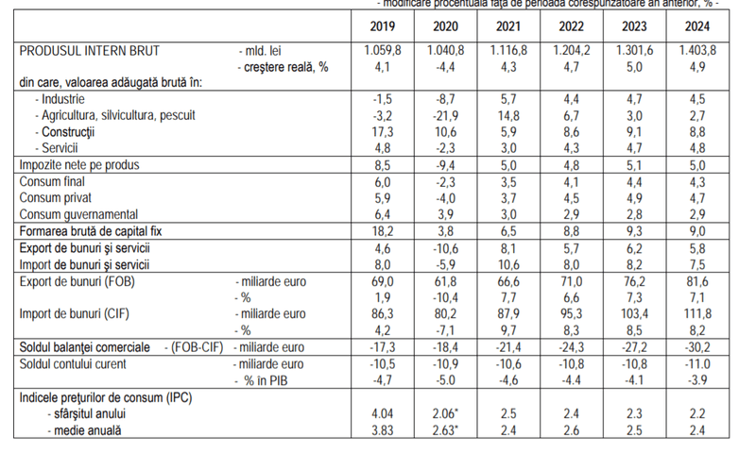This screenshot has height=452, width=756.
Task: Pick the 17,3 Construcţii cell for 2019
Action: point(382,131)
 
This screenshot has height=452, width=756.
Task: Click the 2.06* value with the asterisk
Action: point(448,414)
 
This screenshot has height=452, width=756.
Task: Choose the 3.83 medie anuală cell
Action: point(382,431)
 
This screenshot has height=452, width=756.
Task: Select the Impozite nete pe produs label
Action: point(79,165)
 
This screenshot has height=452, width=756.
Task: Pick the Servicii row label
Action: point(58,148)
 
